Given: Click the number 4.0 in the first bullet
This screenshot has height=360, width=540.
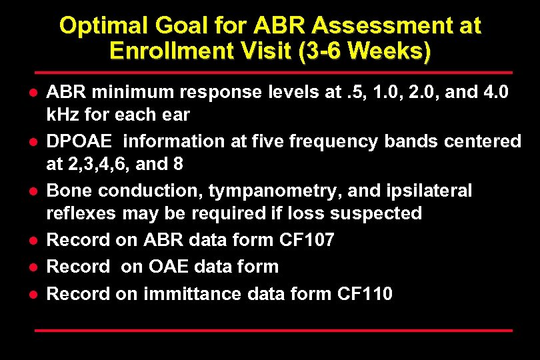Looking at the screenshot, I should point(493,92).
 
